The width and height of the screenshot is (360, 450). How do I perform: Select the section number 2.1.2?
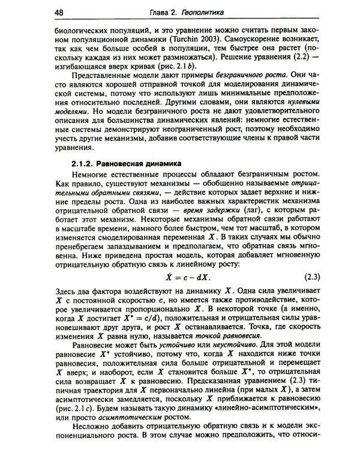[83, 163]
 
